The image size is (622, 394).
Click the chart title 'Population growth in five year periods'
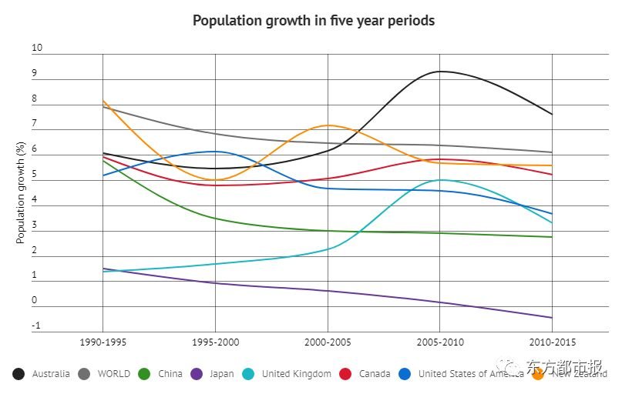pyautogui.click(x=313, y=21)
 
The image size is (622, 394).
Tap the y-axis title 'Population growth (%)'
pyautogui.click(x=22, y=192)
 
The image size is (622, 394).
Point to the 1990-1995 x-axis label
pyautogui.click(x=103, y=342)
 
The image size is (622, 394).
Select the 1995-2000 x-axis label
pyautogui.click(x=215, y=342)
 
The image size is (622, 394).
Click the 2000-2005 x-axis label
pyautogui.click(x=328, y=342)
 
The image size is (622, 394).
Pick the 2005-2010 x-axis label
pyautogui.click(x=439, y=342)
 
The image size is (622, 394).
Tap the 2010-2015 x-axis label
pyautogui.click(x=552, y=342)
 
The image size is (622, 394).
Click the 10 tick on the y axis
pyautogui.click(x=37, y=48)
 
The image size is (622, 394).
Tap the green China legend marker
pyautogui.click(x=144, y=374)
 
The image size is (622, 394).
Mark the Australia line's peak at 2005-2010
pyautogui.click(x=440, y=72)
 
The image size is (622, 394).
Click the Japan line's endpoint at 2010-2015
pyautogui.click(x=552, y=317)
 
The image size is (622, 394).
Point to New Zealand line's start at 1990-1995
pyautogui.click(x=103, y=101)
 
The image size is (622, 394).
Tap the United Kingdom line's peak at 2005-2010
pyautogui.click(x=440, y=180)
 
